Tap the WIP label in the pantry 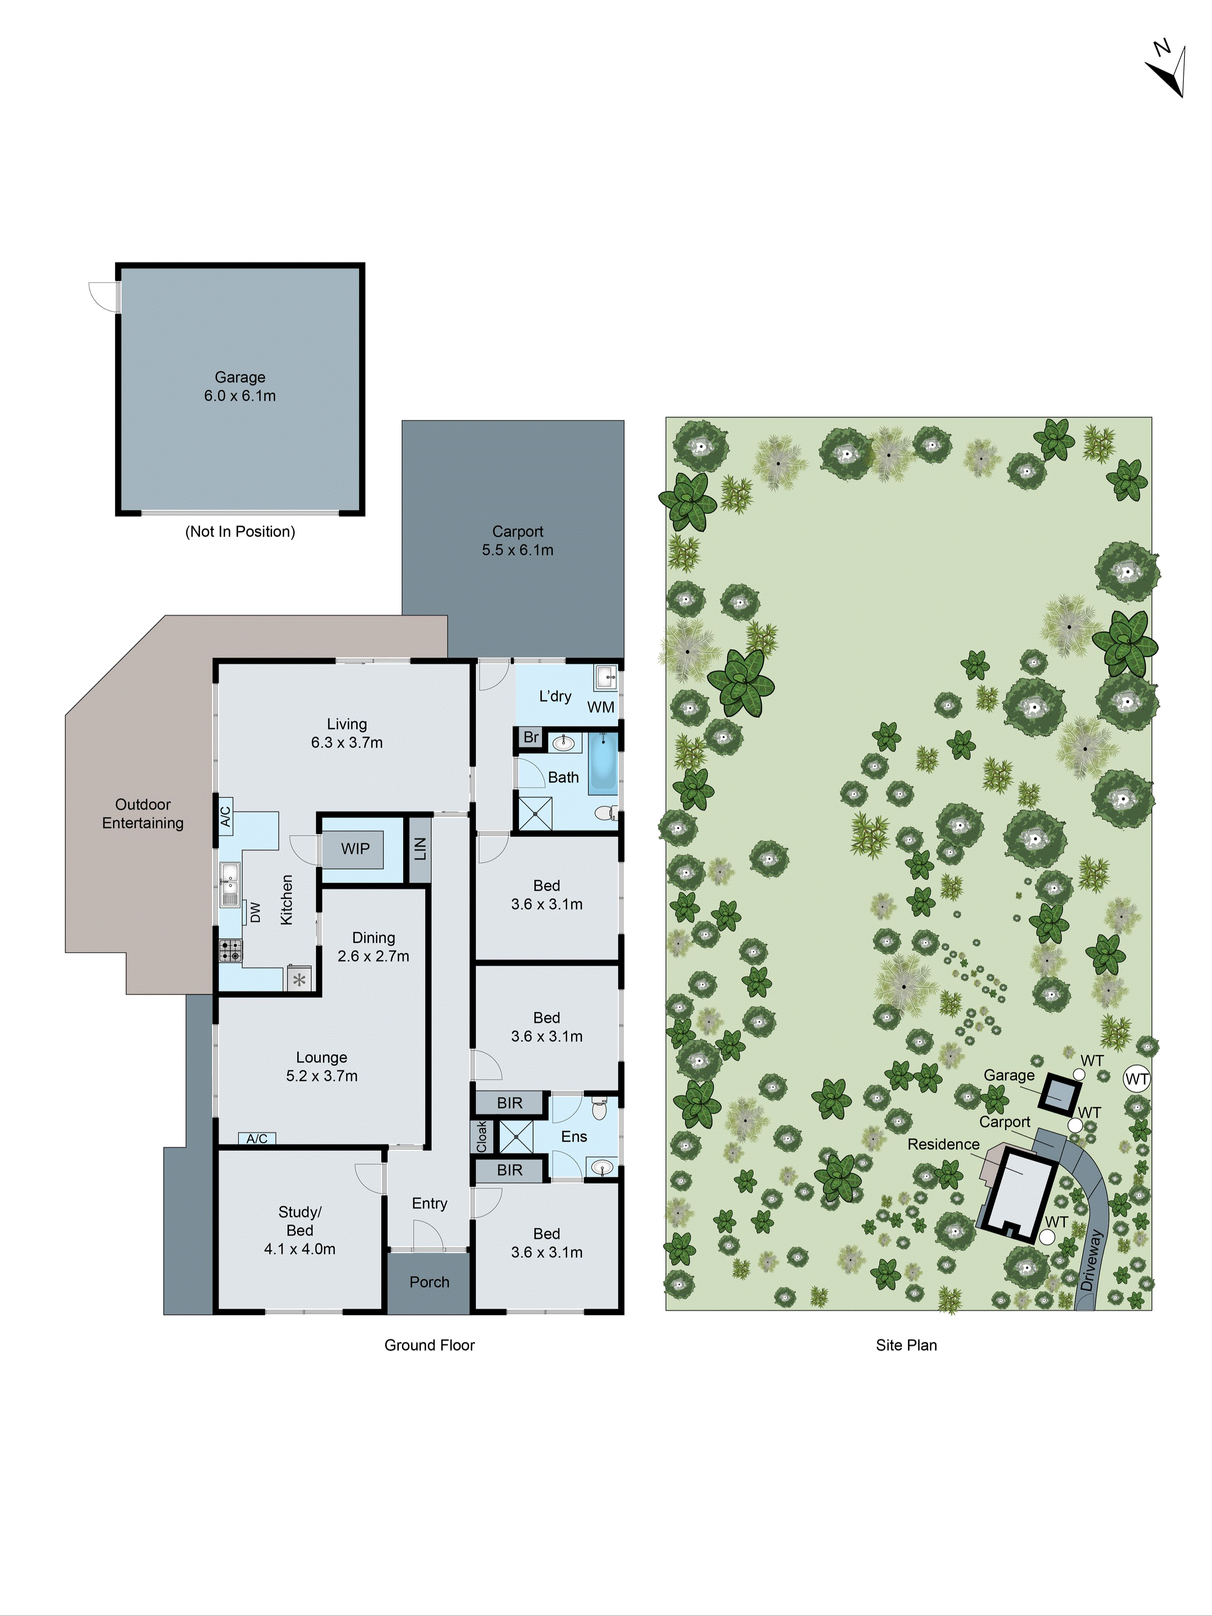pyautogui.click(x=355, y=848)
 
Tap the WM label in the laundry pyautogui.click(x=600, y=707)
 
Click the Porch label pyautogui.click(x=429, y=1281)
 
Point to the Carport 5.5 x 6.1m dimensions pyautogui.click(x=517, y=550)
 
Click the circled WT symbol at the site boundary pyautogui.click(x=1137, y=1078)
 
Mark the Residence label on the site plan pyautogui.click(x=943, y=1144)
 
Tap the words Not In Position pyautogui.click(x=240, y=532)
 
